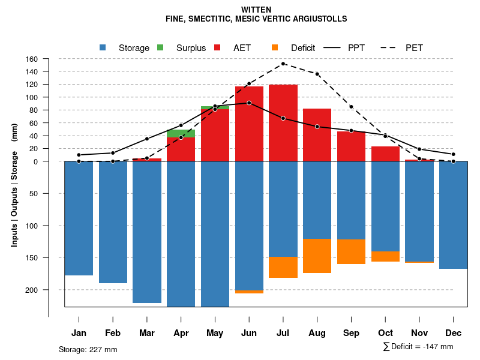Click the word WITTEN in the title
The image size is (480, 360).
[x=256, y=10]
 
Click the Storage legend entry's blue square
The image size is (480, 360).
[x=103, y=47]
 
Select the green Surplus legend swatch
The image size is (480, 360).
[x=160, y=47]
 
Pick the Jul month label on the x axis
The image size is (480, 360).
[x=283, y=333]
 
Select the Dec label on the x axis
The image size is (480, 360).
[x=454, y=333]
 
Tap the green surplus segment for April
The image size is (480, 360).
[x=181, y=133]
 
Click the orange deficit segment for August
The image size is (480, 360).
[x=317, y=256]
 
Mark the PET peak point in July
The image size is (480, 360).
[x=283, y=64]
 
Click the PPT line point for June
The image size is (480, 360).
[x=249, y=103]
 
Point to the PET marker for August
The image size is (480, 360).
[x=317, y=74]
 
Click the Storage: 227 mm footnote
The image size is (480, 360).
[x=88, y=349]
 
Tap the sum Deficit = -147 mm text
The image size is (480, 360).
[x=418, y=347]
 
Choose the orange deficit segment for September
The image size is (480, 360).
[x=352, y=251]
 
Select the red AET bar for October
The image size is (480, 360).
[x=385, y=154]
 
